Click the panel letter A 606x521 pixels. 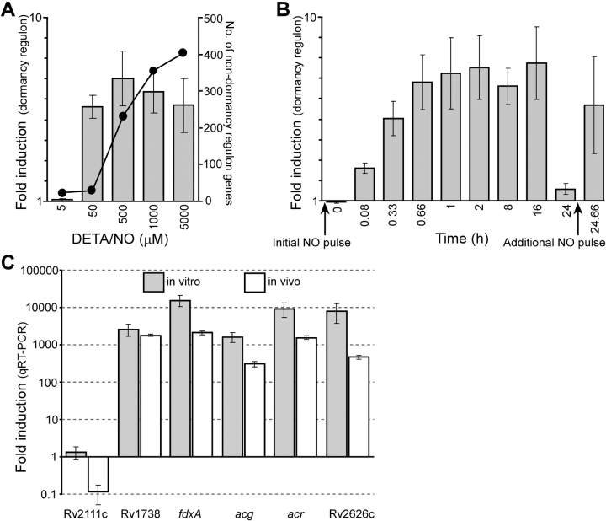[11, 11]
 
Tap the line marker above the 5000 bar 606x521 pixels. [183, 53]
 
